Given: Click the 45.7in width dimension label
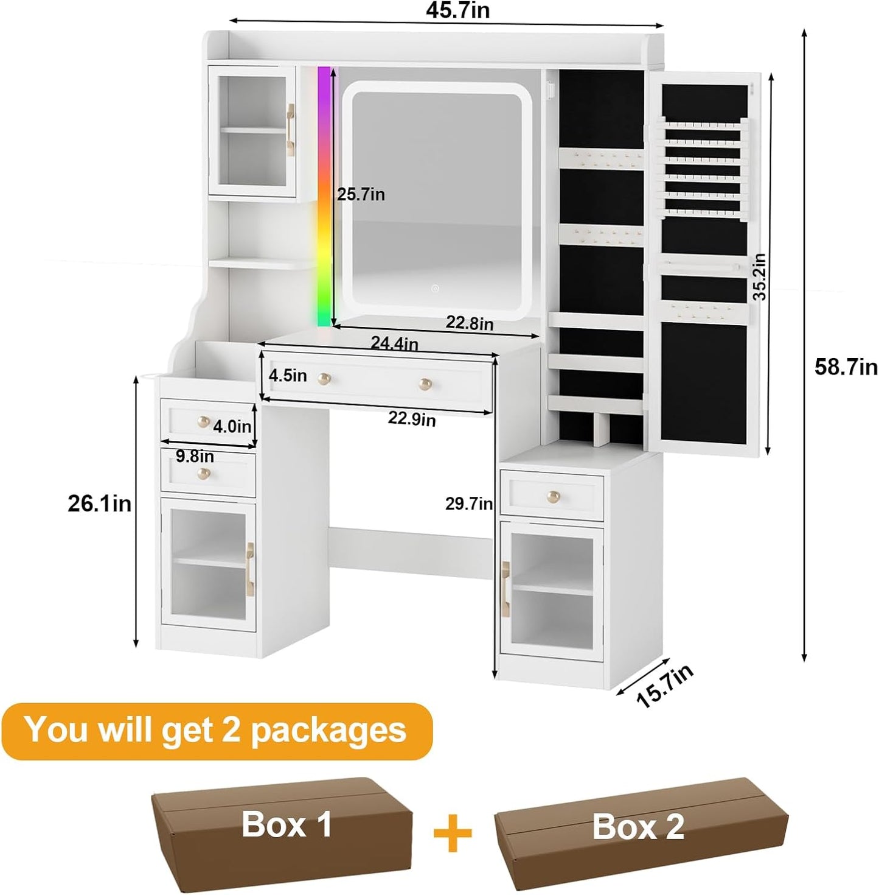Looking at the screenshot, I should (x=457, y=10).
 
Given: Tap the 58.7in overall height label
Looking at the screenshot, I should (x=846, y=367).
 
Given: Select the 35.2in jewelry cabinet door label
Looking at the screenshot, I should (x=759, y=277).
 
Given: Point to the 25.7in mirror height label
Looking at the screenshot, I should (x=361, y=194).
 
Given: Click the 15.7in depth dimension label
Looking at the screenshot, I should (x=664, y=686).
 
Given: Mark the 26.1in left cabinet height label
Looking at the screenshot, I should (x=99, y=504).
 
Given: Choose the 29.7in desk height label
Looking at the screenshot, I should (x=468, y=504).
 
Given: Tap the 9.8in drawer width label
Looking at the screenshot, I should (x=195, y=456).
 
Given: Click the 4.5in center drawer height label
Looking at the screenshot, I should (x=288, y=376).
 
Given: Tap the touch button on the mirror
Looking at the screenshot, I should (x=435, y=289).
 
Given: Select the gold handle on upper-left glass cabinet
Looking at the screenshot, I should (x=291, y=129).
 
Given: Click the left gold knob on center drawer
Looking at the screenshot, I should (x=324, y=379).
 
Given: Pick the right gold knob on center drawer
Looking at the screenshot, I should (x=426, y=384).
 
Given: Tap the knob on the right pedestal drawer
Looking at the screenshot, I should (x=553, y=497).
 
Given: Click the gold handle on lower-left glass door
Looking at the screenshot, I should (x=249, y=569).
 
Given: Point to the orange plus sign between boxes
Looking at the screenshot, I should (x=453, y=832).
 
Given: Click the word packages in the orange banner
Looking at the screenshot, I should (x=328, y=731).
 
